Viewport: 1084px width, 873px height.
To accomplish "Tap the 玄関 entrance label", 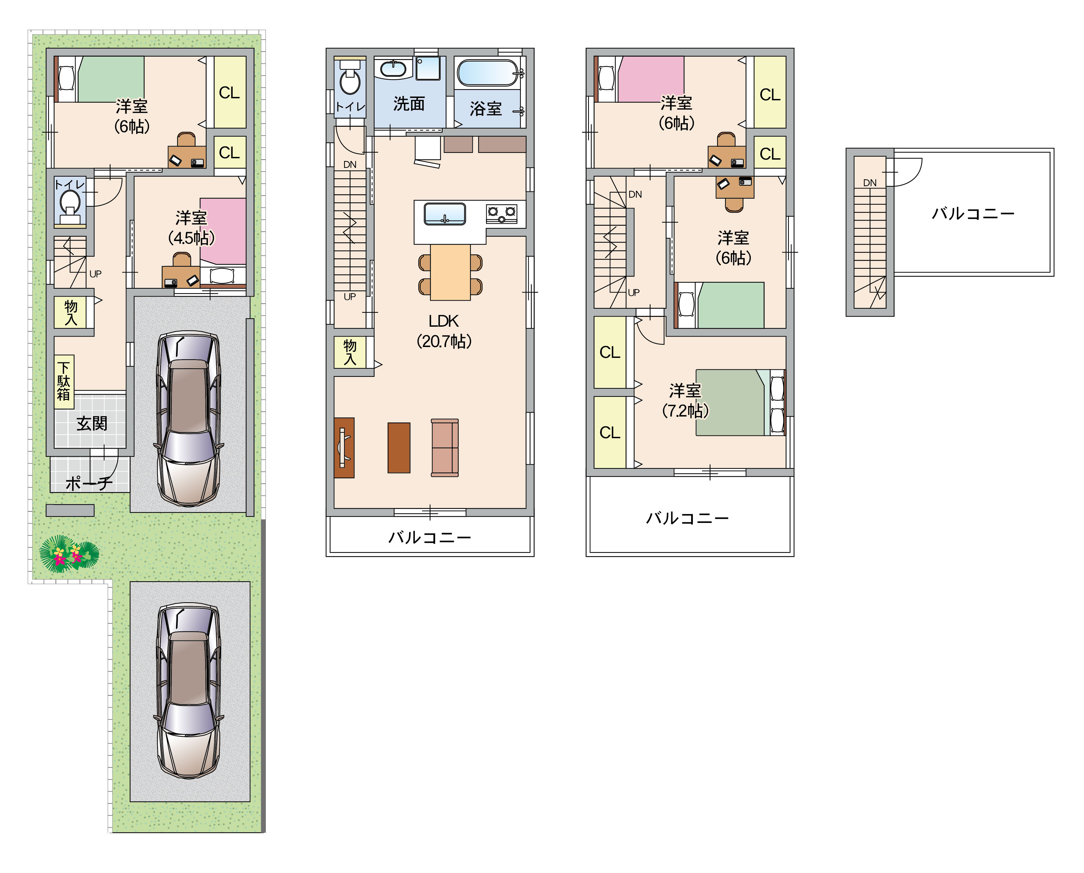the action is pos(92,424).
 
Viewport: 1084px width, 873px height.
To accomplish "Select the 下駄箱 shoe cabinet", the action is pos(64,381).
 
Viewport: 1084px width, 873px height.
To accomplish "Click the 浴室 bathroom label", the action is pos(486,109).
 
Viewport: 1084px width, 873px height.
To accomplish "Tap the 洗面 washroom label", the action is pos(409,104).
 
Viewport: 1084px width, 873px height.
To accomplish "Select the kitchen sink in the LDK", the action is pos(445,214).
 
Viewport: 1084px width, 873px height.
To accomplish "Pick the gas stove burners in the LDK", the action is pos(501,214).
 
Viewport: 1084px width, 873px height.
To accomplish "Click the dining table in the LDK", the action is pos(450,272).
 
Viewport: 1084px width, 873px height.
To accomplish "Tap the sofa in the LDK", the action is pos(445,447).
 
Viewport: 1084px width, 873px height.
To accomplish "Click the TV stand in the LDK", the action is pos(344,448).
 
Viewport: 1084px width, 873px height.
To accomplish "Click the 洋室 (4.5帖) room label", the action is pos(192,228).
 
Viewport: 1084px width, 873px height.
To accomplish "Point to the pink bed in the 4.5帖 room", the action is pos(223,231).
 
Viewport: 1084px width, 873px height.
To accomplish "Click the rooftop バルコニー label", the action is pos(973,214).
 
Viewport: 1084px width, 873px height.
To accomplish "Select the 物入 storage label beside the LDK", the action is pos(350,352).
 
